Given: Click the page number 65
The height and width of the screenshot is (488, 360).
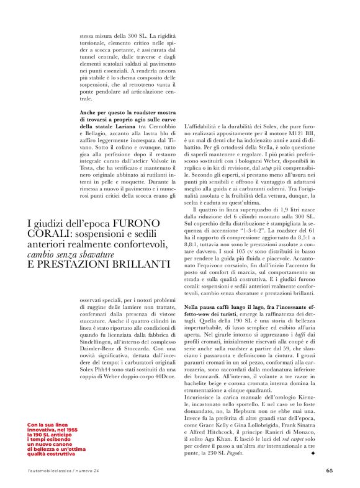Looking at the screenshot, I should (329, 470).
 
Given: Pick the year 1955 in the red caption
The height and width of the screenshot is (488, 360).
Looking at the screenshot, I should (67, 429).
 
